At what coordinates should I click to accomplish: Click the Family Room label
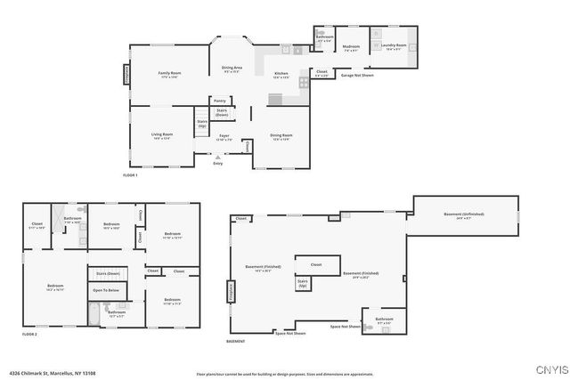click(x=169, y=74)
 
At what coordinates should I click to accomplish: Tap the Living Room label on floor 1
click(x=161, y=136)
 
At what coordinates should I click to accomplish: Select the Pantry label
click(x=219, y=101)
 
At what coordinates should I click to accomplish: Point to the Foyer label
click(x=224, y=137)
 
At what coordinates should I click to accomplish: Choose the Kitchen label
click(x=281, y=74)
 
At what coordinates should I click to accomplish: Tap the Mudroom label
click(x=351, y=47)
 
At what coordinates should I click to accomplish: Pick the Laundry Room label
click(x=395, y=46)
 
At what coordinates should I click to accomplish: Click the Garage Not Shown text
click(x=356, y=76)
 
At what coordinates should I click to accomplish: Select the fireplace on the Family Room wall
click(x=126, y=74)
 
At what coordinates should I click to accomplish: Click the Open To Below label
click(x=105, y=290)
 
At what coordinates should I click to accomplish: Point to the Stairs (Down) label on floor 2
click(x=107, y=273)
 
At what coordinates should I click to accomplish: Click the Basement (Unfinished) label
click(x=464, y=216)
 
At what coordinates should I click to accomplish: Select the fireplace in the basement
click(x=231, y=289)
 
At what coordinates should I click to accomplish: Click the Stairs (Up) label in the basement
click(x=302, y=284)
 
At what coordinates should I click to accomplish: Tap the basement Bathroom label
click(x=384, y=319)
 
